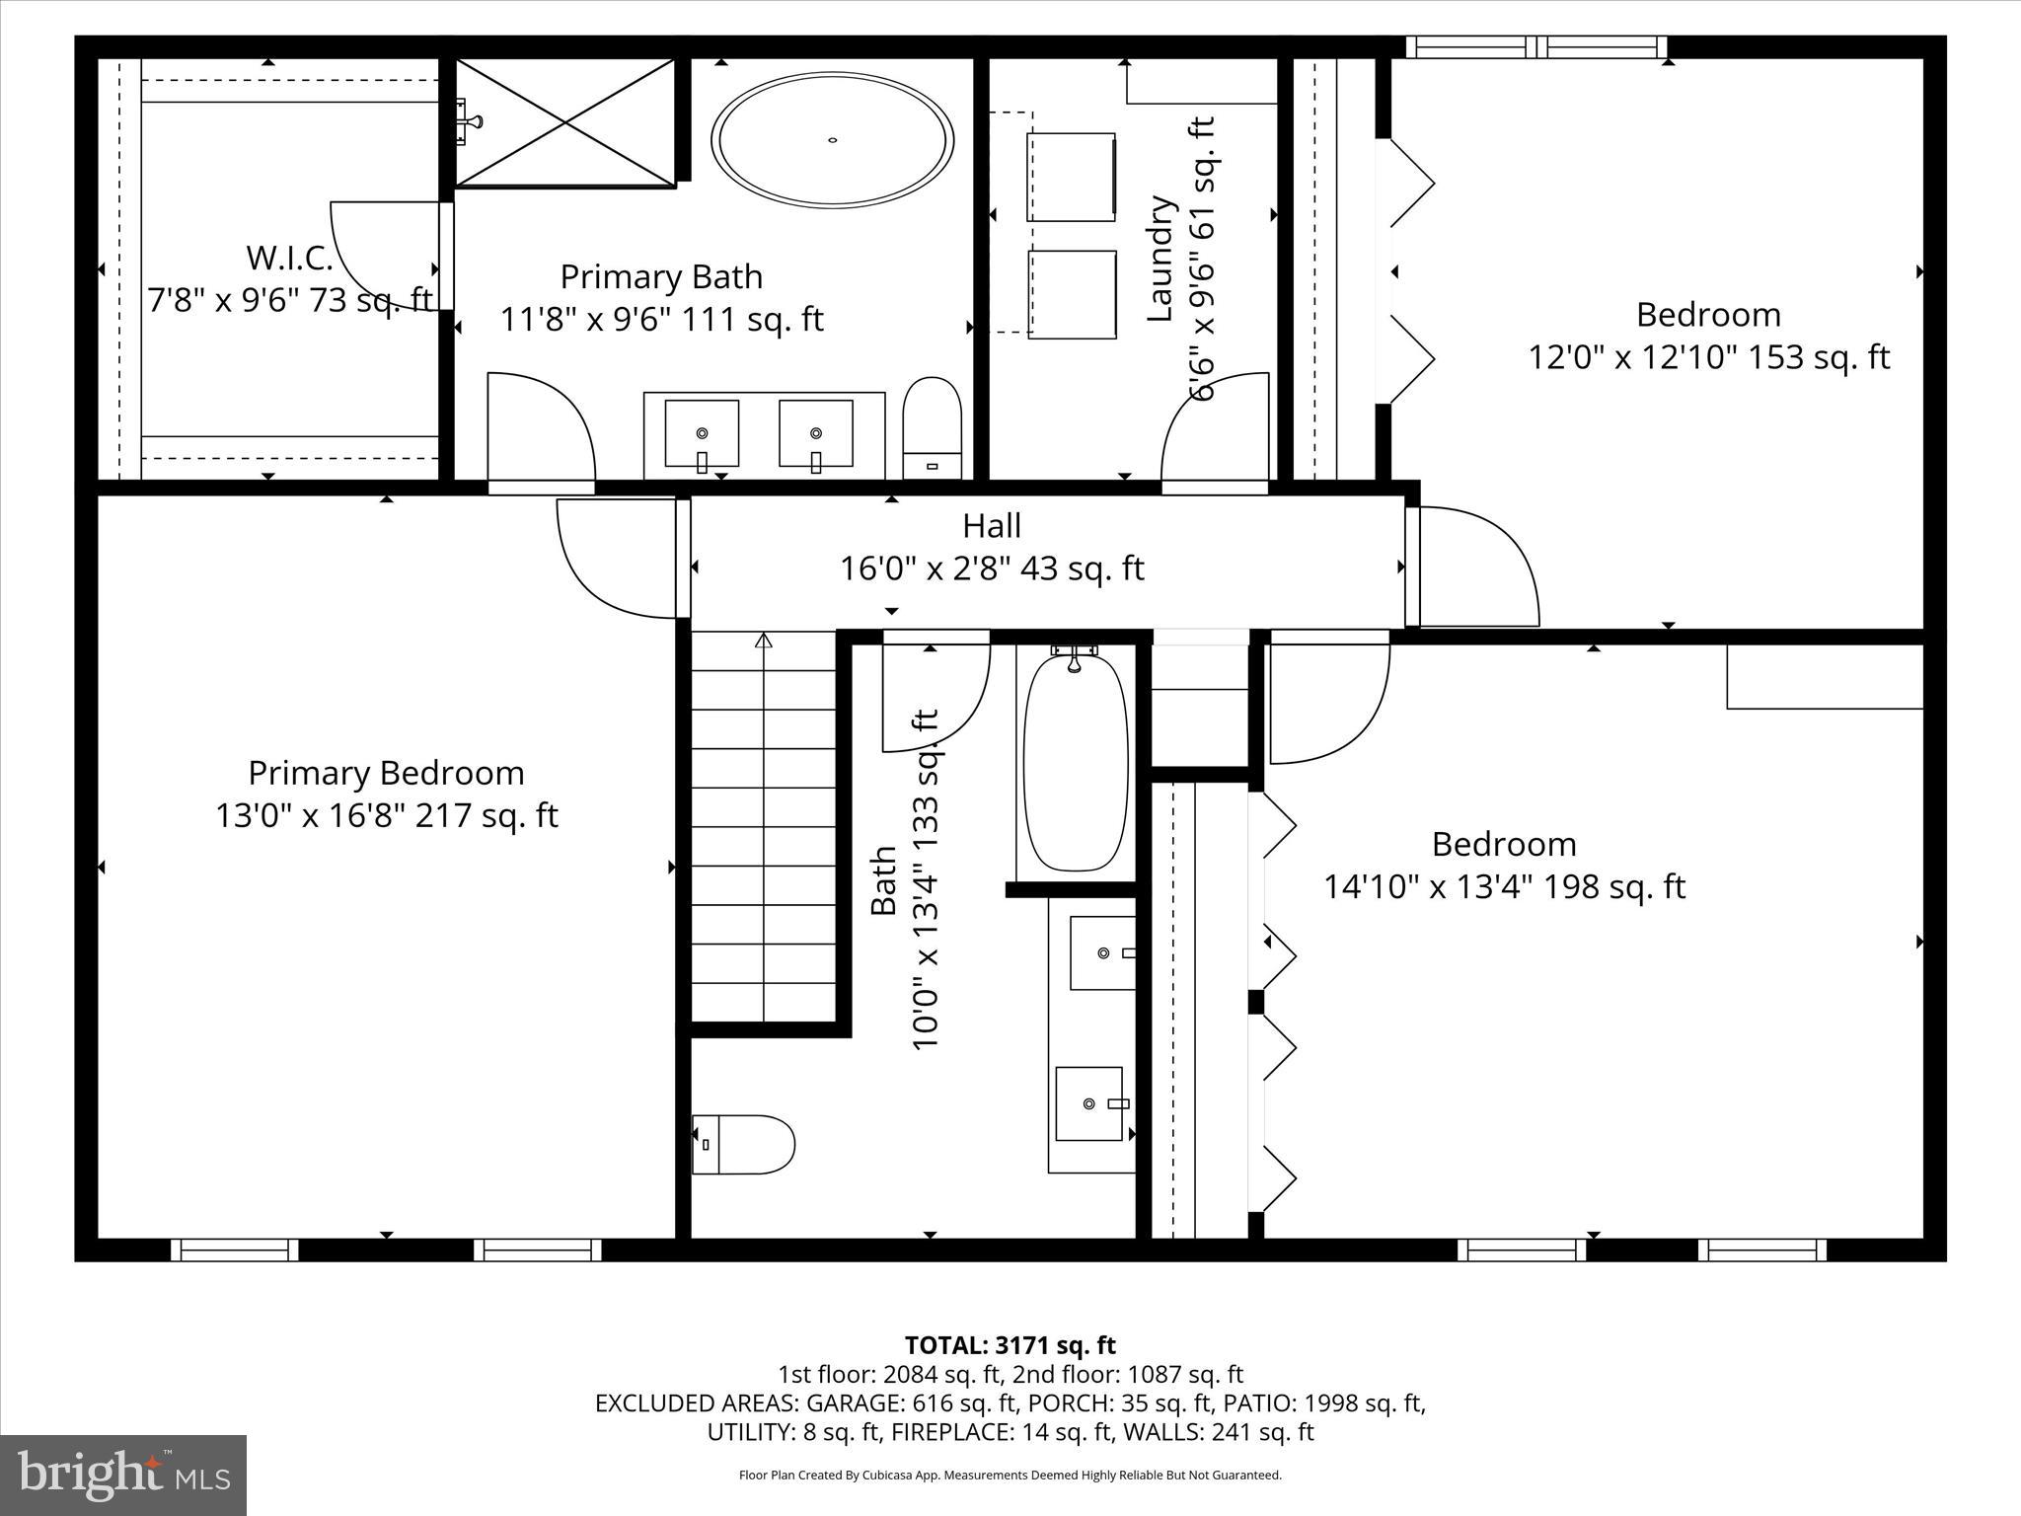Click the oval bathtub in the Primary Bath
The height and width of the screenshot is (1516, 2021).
[x=833, y=140]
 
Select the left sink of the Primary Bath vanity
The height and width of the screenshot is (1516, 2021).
[x=702, y=433]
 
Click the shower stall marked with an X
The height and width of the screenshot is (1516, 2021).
[x=565, y=122]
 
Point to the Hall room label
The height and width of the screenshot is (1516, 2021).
[x=992, y=526]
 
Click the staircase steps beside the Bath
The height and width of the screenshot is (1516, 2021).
[x=764, y=829]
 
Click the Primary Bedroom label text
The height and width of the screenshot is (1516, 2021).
[x=386, y=773]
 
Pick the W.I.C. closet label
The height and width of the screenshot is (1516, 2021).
[x=289, y=259]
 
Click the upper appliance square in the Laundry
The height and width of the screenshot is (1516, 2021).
[x=1072, y=177]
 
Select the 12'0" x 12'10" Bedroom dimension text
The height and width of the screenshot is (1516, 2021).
[x=1708, y=357]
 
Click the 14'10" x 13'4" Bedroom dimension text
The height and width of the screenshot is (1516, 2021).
[x=1503, y=887]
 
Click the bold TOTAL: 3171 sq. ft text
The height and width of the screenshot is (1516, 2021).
[x=1010, y=1345]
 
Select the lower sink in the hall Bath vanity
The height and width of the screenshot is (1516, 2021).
[x=1089, y=1102]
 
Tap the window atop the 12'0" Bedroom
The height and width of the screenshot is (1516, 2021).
[x=1536, y=46]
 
